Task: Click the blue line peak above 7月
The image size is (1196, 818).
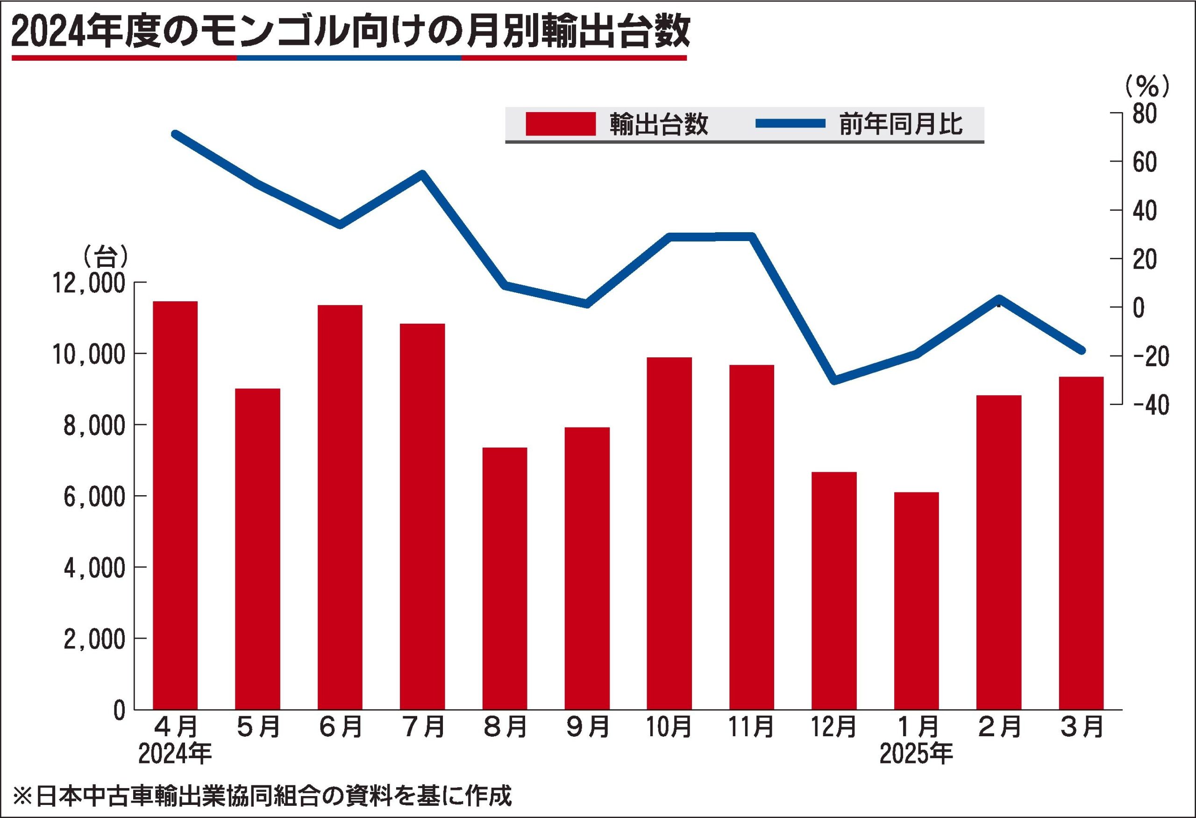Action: (x=422, y=174)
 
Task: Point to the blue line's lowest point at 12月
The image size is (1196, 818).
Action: (x=834, y=380)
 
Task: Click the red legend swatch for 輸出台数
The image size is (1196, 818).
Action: (x=561, y=124)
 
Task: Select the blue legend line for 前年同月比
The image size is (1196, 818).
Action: (x=790, y=123)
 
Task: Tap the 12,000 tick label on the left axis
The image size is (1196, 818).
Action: (x=90, y=284)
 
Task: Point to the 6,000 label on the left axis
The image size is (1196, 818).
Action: (x=94, y=497)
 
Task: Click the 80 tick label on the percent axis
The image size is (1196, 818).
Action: (x=1144, y=114)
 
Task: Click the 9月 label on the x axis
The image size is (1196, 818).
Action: (x=587, y=727)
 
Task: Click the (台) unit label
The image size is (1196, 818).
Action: (x=105, y=255)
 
